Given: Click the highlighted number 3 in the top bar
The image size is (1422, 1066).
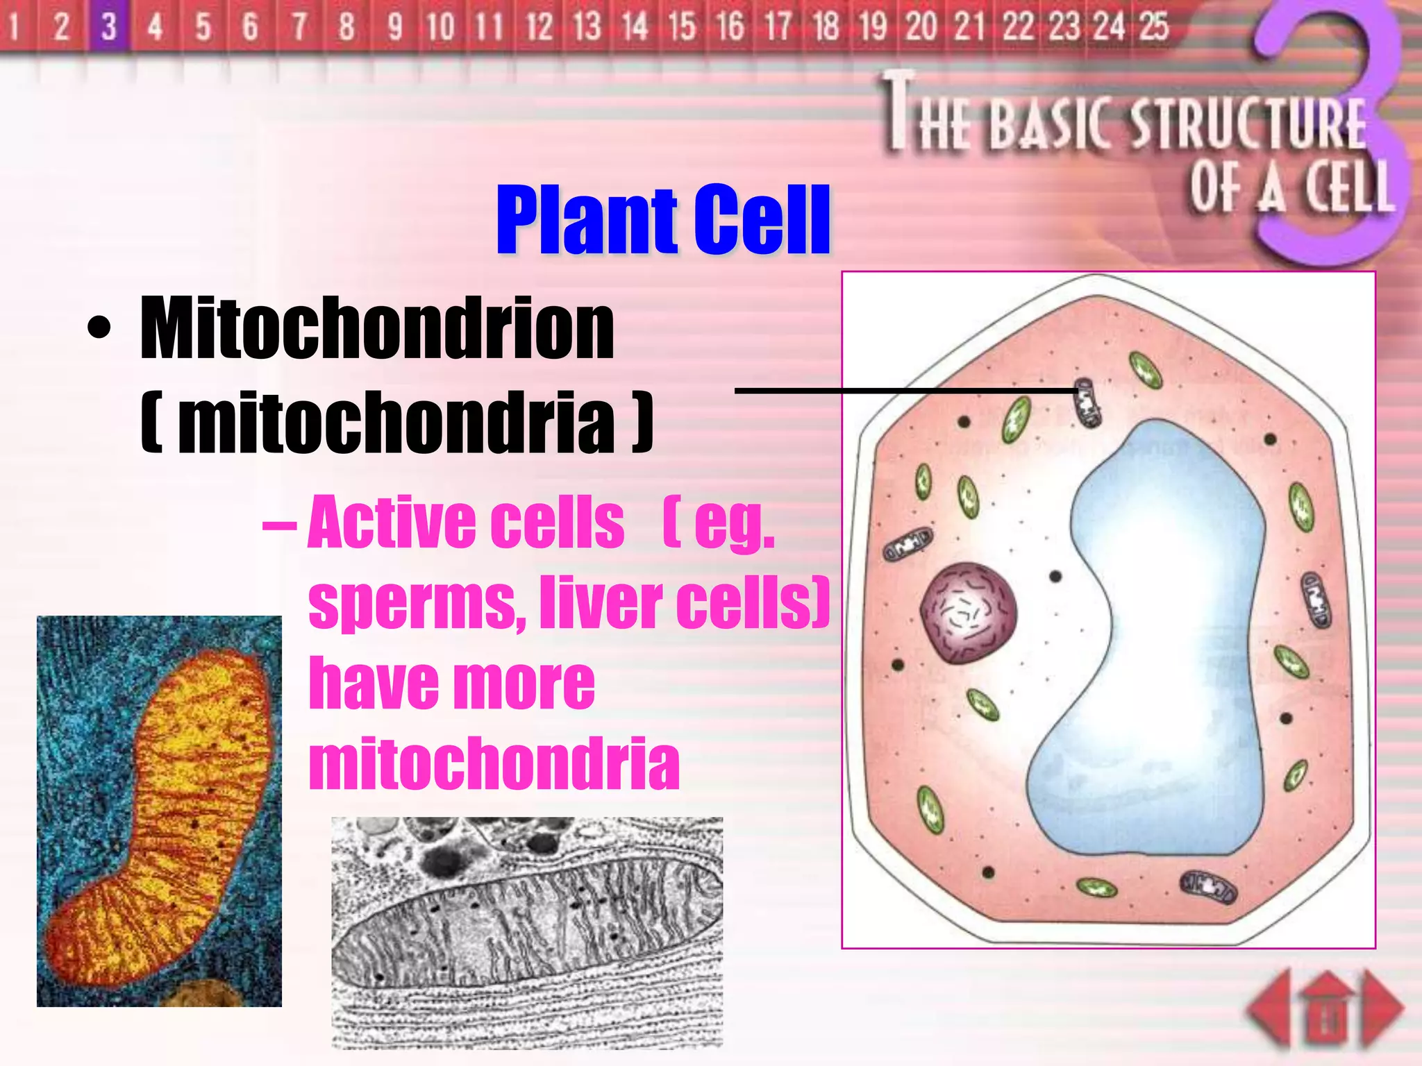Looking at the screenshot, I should pos(109,26).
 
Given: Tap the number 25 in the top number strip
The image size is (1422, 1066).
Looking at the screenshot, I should pos(1153,26).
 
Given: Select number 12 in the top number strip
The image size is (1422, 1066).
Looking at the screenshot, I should pos(539,26).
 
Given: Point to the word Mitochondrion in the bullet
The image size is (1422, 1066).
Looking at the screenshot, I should pos(377,328).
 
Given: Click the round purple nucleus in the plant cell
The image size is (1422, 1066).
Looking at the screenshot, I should pos(969,613).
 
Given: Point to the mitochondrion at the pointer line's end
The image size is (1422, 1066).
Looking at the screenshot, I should pos(1087,403).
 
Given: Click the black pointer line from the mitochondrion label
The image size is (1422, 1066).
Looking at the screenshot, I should pos(903,391).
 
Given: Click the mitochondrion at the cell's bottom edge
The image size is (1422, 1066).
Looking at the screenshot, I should pos(1209,887).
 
